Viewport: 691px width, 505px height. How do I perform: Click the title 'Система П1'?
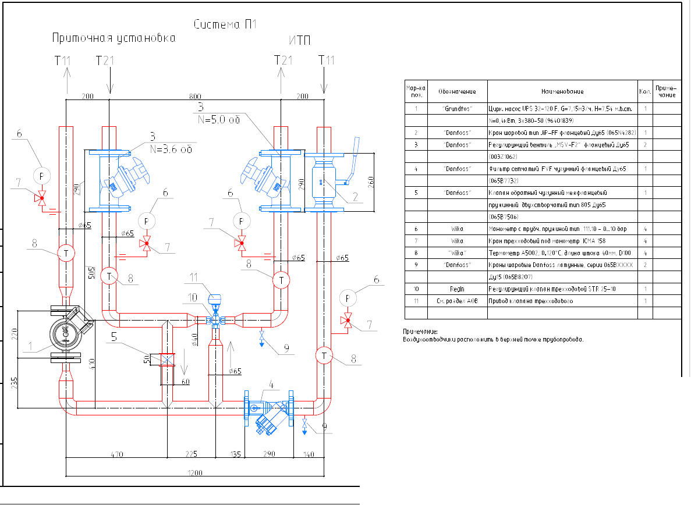click(224, 24)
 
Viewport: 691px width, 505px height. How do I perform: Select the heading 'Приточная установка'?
click(113, 38)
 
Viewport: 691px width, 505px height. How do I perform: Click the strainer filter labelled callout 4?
click(270, 415)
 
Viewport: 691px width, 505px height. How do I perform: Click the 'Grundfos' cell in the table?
click(458, 109)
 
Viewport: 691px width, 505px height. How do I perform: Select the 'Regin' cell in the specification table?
click(458, 289)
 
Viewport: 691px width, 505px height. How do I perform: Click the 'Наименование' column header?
click(562, 91)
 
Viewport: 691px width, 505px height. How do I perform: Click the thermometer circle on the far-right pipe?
click(324, 355)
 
